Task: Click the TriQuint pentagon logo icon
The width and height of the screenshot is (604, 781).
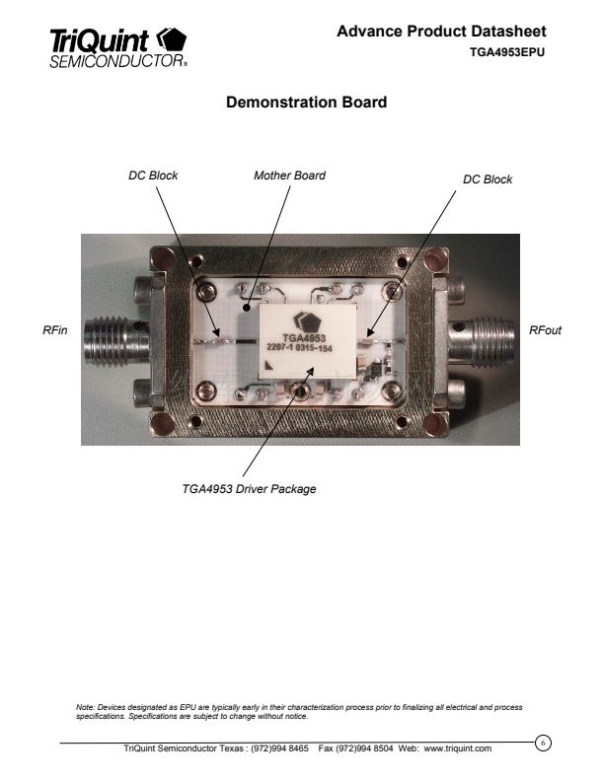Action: pos(172,38)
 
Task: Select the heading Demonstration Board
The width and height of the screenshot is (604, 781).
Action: pos(307,103)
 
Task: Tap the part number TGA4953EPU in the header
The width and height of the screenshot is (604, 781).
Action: pos(507,52)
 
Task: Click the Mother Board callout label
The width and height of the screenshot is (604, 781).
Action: pos(289,176)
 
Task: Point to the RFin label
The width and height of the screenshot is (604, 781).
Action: pos(55,330)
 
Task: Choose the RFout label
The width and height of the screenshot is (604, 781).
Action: pos(545,330)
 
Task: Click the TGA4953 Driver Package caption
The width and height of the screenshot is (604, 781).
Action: pos(249,489)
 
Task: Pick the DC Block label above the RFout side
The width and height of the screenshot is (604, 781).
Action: pos(488,179)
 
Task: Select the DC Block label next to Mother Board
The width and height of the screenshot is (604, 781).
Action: pos(153,176)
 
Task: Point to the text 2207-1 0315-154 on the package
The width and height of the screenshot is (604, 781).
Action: pos(299,348)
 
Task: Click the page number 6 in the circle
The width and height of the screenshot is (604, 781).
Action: pos(543,743)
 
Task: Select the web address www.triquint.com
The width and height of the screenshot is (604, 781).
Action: pos(458,748)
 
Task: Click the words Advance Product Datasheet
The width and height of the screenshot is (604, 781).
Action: pos(441,32)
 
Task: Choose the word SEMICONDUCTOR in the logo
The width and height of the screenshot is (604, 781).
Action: pos(117,61)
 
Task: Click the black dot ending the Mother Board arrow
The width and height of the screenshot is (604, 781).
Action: pos(246,308)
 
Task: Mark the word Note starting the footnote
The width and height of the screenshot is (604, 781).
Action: pos(85,707)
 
